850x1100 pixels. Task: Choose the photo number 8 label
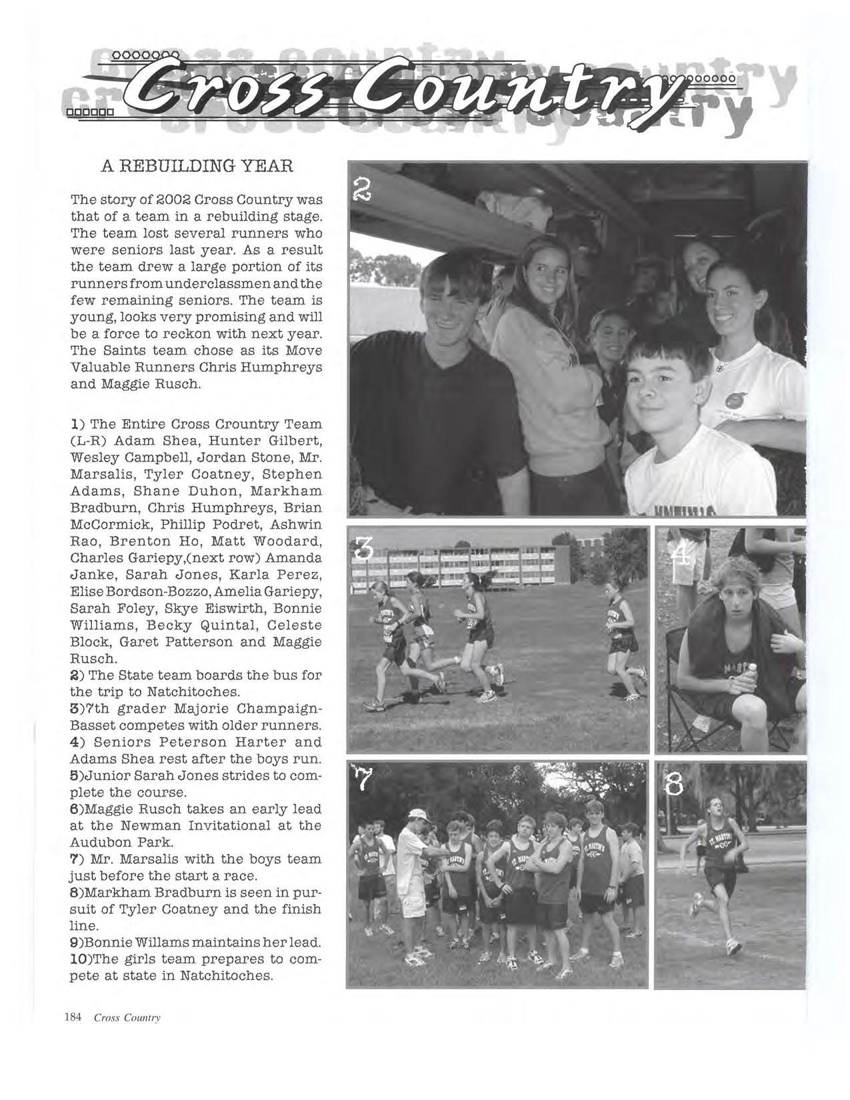pos(675,787)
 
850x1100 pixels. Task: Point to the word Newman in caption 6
pos(150,825)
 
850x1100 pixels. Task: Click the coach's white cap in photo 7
pos(416,815)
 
